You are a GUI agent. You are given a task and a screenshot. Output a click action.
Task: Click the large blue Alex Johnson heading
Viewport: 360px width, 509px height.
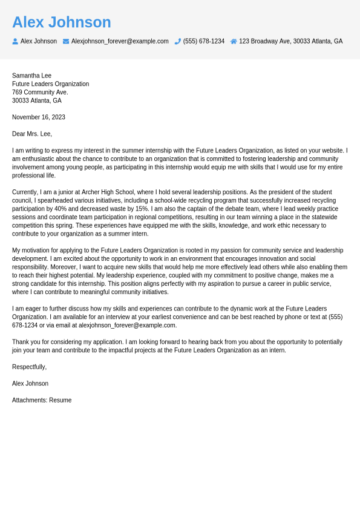pos(62,22)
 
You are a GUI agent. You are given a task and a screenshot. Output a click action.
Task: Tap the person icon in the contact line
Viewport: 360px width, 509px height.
pos(15,41)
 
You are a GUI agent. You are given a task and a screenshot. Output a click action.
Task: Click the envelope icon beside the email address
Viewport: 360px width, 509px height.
pos(66,41)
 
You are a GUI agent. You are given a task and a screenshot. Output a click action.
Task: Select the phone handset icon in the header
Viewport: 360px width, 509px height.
pos(178,41)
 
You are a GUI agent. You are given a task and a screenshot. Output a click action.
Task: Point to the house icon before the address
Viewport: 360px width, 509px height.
pos(234,41)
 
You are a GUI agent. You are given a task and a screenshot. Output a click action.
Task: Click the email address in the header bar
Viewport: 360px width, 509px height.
pos(120,41)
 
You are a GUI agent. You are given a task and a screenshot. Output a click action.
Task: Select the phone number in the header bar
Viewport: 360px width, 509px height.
pos(204,41)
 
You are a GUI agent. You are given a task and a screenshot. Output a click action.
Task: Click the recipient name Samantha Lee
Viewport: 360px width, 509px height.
pos(31,76)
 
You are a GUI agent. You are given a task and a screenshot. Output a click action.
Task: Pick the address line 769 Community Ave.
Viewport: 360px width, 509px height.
pos(40,92)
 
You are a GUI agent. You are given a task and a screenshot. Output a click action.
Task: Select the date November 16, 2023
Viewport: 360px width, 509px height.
pos(39,117)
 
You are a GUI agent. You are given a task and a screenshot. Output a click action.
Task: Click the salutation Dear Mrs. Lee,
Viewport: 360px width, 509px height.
pos(32,134)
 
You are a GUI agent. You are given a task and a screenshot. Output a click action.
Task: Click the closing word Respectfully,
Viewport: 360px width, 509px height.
pos(29,367)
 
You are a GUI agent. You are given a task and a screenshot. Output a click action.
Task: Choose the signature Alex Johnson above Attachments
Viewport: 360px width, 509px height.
pos(30,384)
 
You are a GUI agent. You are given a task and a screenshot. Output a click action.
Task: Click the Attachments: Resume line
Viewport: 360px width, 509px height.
pos(42,400)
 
